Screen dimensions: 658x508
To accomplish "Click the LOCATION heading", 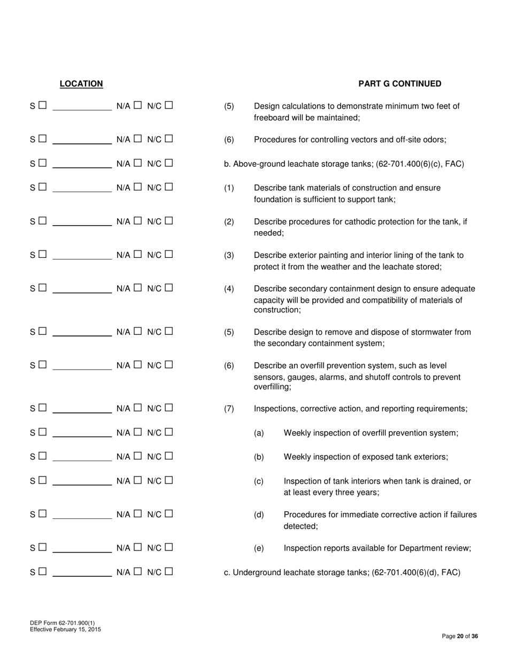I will click(81, 84).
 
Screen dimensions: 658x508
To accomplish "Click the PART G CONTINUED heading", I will click(399, 84).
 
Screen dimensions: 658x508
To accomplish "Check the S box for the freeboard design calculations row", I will click(43, 105).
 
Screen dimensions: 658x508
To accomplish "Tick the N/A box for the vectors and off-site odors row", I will click(137, 139).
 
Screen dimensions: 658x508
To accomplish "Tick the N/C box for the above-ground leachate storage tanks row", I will click(169, 163).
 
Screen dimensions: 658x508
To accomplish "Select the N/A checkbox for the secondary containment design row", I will click(137, 288).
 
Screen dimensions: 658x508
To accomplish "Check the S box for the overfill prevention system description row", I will click(43, 365).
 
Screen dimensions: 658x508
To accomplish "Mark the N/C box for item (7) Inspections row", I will click(169, 408).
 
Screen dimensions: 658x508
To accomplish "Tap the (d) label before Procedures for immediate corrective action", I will click(259, 515).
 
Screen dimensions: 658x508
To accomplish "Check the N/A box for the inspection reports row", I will click(137, 547).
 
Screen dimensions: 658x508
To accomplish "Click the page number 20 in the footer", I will click(460, 637).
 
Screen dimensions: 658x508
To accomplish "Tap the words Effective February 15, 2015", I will click(65, 630).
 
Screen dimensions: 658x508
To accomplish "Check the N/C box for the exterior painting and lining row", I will click(169, 255).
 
